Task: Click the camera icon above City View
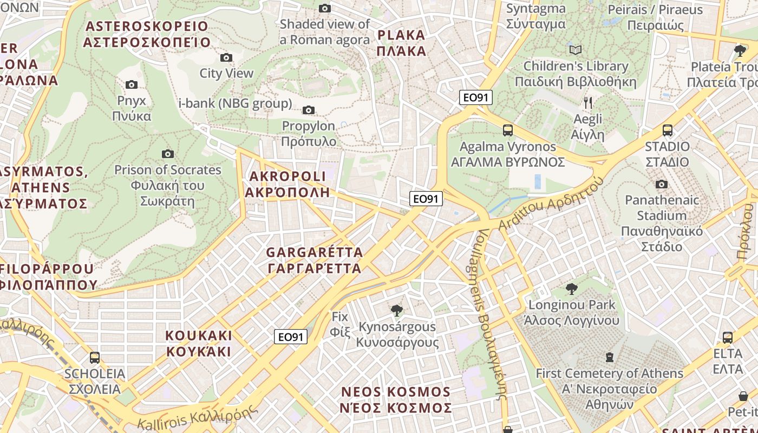coord(226,57)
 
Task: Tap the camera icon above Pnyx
coord(131,84)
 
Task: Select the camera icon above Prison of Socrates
coord(168,154)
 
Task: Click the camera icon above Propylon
coord(309,110)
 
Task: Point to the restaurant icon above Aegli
coord(588,103)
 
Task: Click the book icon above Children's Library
coord(576,50)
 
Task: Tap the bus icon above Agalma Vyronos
coord(507,130)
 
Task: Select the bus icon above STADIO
coord(667,130)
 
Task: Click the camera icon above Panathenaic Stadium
coord(661,185)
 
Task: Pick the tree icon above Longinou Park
coord(571,288)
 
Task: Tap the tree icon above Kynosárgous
coord(397,311)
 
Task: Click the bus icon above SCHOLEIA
coord(95,358)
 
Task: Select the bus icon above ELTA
coord(728,338)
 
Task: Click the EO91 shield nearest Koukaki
coord(290,337)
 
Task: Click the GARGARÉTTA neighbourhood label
coord(315,260)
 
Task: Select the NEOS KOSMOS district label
coord(396,400)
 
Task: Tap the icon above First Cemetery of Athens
coord(610,357)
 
